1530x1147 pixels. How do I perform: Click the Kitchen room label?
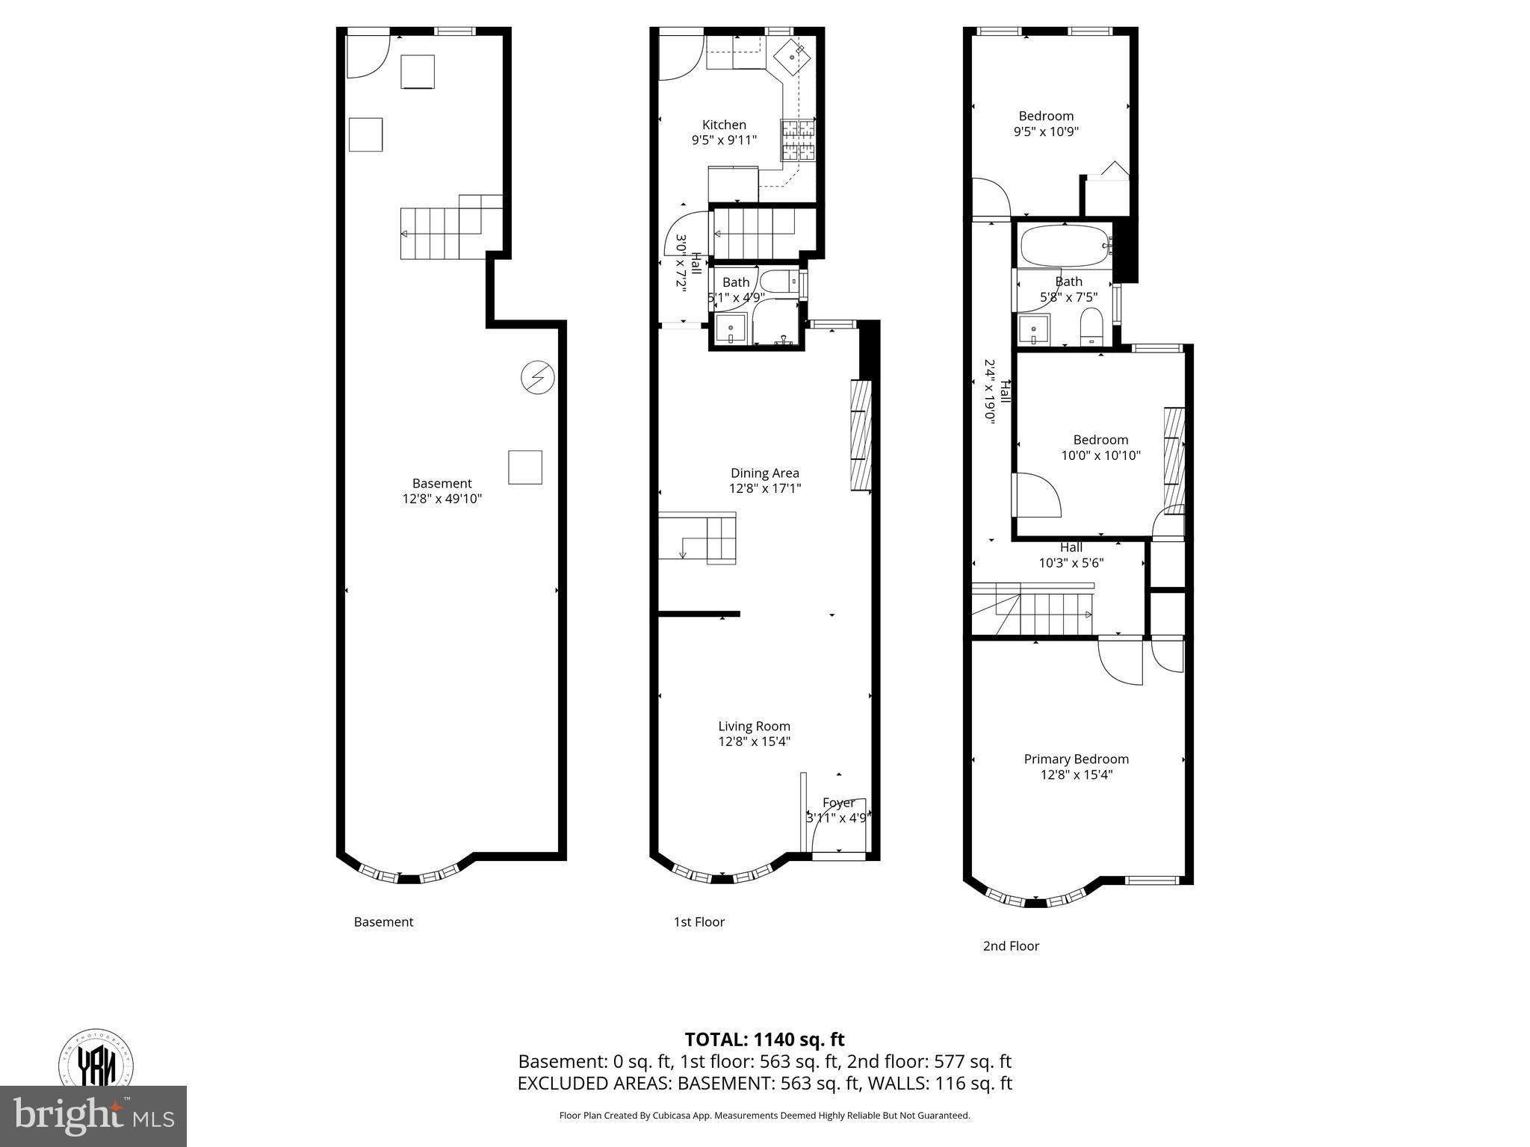coord(724,125)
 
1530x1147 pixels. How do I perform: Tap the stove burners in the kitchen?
coord(798,140)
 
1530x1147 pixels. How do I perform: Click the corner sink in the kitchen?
coord(791,57)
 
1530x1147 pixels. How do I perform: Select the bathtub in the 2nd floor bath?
coord(1065,246)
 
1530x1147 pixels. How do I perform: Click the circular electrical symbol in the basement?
coord(537,378)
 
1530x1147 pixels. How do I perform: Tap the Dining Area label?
coord(764,473)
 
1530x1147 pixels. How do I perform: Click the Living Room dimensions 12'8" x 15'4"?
coord(754,742)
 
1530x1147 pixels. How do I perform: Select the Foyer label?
coord(838,803)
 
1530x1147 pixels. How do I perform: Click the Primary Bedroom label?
coord(1076,759)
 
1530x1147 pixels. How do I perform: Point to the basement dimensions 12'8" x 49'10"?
coord(442,499)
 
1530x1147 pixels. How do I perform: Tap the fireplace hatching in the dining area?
coord(861,435)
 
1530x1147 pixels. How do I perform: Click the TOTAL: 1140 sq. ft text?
coord(764,1039)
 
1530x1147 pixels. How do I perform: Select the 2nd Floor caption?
coord(1010,946)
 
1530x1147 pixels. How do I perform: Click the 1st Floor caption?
coord(699,921)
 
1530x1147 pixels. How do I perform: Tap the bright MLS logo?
coord(93,1116)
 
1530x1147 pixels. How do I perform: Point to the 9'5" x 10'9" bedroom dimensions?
coord(1046,131)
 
